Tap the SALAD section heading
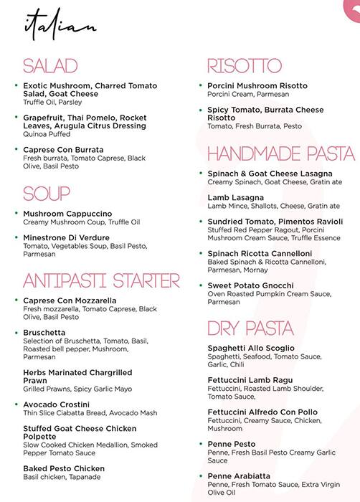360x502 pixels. (x=50, y=67)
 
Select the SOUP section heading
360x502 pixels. (x=47, y=194)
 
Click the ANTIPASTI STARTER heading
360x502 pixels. (x=101, y=280)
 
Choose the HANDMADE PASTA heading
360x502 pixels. (x=281, y=153)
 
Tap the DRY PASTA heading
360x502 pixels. (x=250, y=328)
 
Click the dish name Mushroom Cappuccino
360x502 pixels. (x=67, y=214)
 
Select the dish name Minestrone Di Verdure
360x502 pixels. (x=66, y=237)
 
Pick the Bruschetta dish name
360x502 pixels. (x=44, y=333)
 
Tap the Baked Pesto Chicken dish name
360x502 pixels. (x=64, y=468)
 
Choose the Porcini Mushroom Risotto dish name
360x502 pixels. (x=257, y=86)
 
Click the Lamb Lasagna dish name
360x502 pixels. (x=236, y=197)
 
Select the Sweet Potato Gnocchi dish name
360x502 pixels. (x=251, y=285)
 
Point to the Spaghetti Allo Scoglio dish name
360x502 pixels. (x=255, y=349)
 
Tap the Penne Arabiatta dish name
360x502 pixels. (x=239, y=475)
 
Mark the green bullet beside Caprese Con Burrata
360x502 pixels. (x=16, y=149)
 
